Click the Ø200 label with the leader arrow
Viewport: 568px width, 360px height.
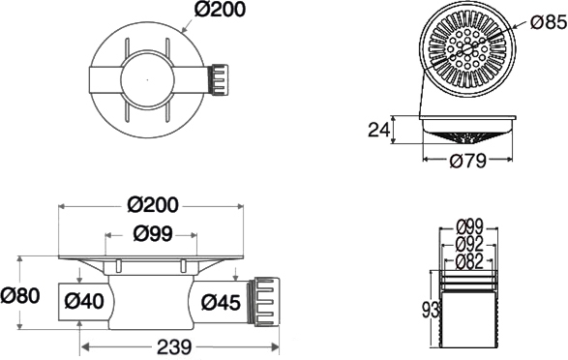pos(220,10)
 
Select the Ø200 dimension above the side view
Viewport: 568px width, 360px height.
pos(153,205)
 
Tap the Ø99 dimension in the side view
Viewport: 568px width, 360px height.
pos(152,233)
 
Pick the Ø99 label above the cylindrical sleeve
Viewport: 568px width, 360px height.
pos(470,227)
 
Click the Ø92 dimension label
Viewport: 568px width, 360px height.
pos(470,244)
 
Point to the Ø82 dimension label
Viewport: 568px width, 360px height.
pos(470,261)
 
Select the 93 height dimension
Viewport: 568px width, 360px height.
pos(431,311)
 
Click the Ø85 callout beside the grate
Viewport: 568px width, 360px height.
pos(549,22)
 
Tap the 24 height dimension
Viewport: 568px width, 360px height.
pos(379,130)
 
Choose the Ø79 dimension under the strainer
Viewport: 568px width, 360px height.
pos(467,161)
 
